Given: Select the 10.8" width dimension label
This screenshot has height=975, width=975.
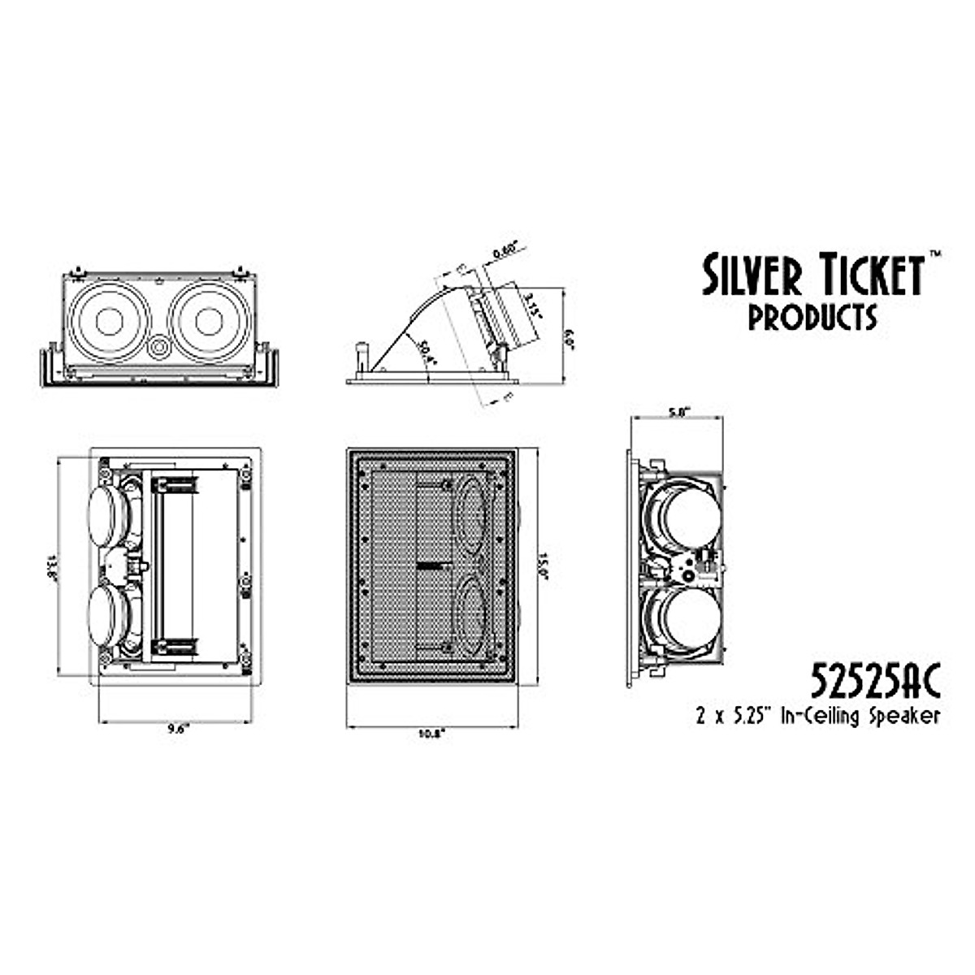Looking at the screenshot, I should (x=431, y=734).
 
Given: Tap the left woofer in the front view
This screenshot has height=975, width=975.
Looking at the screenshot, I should (x=109, y=322).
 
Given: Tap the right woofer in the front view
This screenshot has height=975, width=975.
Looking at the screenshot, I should (x=208, y=322).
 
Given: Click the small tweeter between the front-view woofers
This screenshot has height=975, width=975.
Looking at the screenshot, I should (x=159, y=347).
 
